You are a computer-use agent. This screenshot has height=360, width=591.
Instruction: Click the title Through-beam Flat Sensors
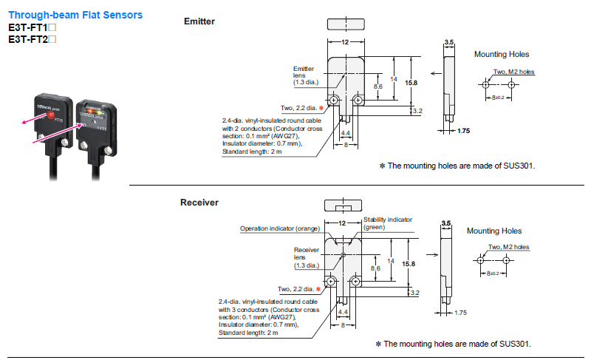tap(75, 15)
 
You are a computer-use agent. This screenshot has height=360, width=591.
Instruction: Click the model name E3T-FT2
tap(28, 39)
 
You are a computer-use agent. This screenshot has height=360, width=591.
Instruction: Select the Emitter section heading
tap(199, 21)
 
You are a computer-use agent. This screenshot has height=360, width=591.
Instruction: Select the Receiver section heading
tap(199, 203)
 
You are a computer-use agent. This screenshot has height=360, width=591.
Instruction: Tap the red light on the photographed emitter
tap(51, 115)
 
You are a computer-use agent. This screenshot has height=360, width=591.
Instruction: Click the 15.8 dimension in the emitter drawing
tap(411, 83)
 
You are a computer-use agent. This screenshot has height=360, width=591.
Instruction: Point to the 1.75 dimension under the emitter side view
tap(464, 131)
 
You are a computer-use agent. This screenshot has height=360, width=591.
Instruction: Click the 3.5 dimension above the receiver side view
tap(446, 223)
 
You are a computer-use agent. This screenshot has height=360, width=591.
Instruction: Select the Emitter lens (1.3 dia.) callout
tap(306, 75)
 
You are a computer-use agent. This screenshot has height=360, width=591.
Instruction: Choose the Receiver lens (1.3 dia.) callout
tap(307, 257)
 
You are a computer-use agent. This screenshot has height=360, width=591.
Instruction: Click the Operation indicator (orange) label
tap(280, 228)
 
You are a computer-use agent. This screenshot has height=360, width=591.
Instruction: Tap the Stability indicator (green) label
tap(387, 223)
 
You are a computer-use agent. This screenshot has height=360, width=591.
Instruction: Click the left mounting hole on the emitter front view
tap(334, 101)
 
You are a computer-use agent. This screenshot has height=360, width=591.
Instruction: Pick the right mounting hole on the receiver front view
tap(355, 281)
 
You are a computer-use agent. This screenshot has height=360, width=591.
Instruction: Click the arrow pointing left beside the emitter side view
tap(436, 73)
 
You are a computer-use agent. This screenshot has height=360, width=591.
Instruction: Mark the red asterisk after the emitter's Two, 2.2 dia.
tap(321, 108)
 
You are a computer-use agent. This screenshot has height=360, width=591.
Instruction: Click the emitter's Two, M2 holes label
tap(513, 72)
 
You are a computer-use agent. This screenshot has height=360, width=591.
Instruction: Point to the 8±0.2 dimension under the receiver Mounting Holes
tap(493, 274)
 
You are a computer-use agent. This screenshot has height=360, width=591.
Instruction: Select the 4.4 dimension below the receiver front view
tap(343, 312)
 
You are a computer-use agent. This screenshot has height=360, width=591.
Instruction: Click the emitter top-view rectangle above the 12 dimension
tap(346, 24)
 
